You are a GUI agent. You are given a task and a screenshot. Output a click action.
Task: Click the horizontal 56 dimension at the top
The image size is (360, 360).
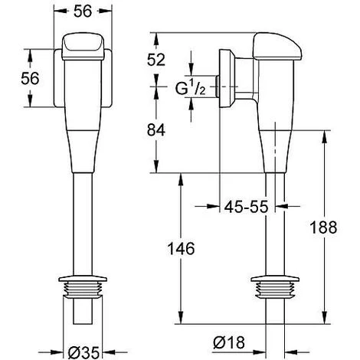coord(83,11)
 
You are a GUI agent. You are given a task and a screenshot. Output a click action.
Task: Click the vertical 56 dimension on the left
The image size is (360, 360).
coord(30,78)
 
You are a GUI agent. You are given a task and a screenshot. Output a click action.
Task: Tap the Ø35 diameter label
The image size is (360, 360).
coord(83,352)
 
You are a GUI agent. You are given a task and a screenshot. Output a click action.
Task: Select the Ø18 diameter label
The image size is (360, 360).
coord(229,342)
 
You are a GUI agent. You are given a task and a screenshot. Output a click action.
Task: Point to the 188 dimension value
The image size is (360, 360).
coord(323,227)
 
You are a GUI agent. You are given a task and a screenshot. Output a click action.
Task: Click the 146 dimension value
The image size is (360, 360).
coord(181,248)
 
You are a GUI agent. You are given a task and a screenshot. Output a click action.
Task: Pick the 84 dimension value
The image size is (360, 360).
coord(156,129)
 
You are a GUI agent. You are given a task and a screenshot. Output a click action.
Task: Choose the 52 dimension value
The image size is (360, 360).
coord(156,60)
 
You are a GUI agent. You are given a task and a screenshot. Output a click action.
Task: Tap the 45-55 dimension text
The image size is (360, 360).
coord(247,206)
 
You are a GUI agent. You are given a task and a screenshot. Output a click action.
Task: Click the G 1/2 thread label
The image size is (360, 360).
coord(190,89)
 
